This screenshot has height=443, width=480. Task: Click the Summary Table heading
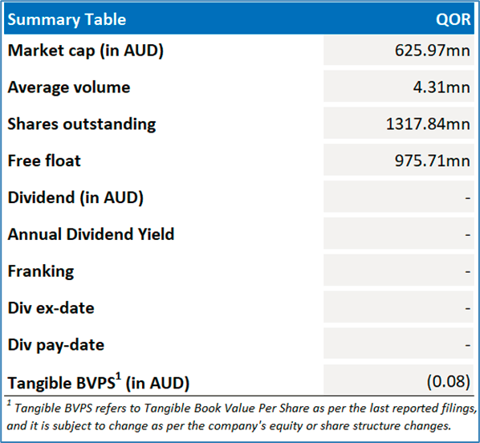click(67, 19)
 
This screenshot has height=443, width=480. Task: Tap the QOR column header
click(453, 19)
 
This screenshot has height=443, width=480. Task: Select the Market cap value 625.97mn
click(433, 51)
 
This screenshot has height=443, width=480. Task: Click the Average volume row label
click(69, 87)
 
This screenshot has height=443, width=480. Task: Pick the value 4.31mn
click(441, 87)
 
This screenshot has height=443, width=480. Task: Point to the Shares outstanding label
click(82, 124)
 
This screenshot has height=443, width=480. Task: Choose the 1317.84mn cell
click(428, 124)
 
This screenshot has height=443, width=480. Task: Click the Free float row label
click(44, 161)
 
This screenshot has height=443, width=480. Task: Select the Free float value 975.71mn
click(433, 161)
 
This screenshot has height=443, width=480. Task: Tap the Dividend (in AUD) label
click(75, 197)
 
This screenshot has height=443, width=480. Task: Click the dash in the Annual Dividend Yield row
click(467, 235)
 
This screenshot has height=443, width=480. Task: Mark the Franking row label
click(41, 271)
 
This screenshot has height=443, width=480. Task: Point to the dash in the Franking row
click(467, 272)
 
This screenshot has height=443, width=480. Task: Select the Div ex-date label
click(51, 308)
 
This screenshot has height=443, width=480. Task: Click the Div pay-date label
click(56, 345)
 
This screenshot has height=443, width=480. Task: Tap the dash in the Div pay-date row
click(467, 345)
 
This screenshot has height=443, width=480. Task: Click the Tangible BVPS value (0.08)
click(449, 381)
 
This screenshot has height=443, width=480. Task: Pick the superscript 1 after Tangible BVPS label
click(119, 376)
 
